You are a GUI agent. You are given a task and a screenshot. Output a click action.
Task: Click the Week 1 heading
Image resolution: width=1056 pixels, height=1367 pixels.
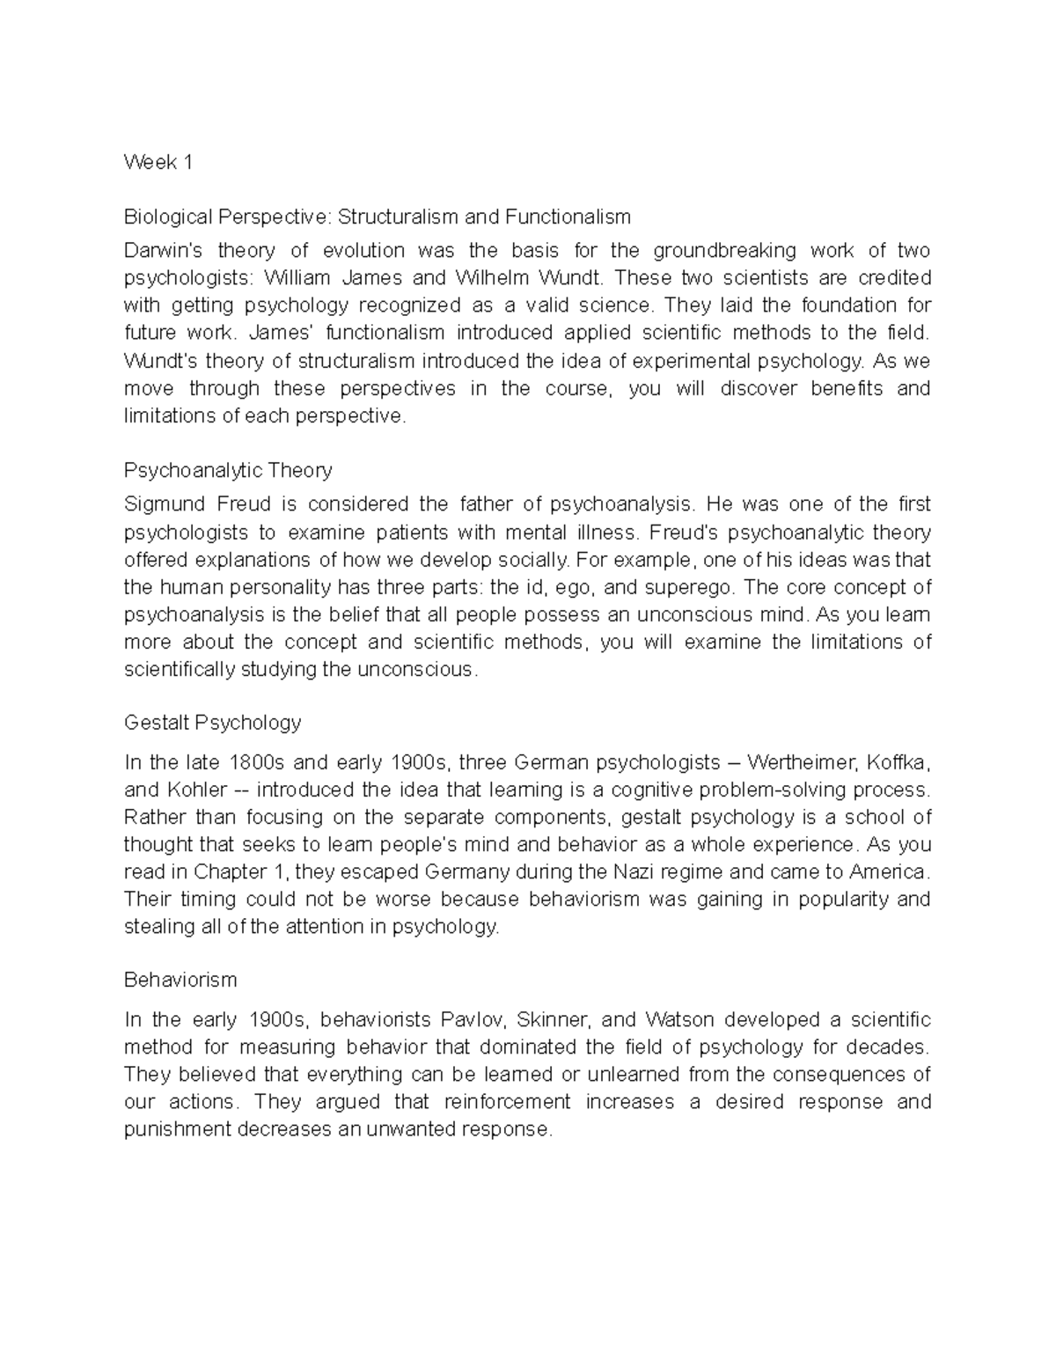tap(158, 162)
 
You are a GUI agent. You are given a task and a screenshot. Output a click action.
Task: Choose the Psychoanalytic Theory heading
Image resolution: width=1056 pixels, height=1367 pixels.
tap(228, 470)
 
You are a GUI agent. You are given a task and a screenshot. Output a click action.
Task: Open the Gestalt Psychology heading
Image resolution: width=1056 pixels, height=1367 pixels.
tap(212, 723)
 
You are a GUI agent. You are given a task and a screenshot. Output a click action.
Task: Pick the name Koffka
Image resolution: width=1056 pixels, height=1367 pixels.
tap(898, 761)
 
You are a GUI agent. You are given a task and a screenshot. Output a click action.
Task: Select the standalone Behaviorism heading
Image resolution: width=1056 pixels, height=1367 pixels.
tap(180, 979)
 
